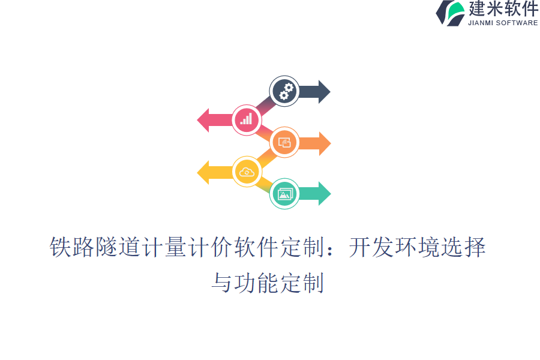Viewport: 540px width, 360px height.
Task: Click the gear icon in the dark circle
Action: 285,92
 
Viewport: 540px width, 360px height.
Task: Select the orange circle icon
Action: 284,143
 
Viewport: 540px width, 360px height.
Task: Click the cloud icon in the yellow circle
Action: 247,172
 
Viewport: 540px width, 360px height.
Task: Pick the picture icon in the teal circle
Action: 284,193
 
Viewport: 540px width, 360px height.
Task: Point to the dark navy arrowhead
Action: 323,92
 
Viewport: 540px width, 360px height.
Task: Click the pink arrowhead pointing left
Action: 204,120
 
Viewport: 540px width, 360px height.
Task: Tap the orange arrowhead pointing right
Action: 324,143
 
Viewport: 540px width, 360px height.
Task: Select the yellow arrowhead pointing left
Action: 204,173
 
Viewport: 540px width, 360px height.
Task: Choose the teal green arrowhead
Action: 324,193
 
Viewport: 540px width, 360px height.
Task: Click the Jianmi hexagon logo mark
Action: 450,13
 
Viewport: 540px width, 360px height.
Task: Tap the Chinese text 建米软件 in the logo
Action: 503,9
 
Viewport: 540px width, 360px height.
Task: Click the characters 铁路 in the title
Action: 72,248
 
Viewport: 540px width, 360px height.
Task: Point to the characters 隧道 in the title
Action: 118,248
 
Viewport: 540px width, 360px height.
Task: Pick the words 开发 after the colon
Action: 371,248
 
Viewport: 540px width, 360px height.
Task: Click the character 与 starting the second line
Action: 222,282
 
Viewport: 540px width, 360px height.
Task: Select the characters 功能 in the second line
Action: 256,282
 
